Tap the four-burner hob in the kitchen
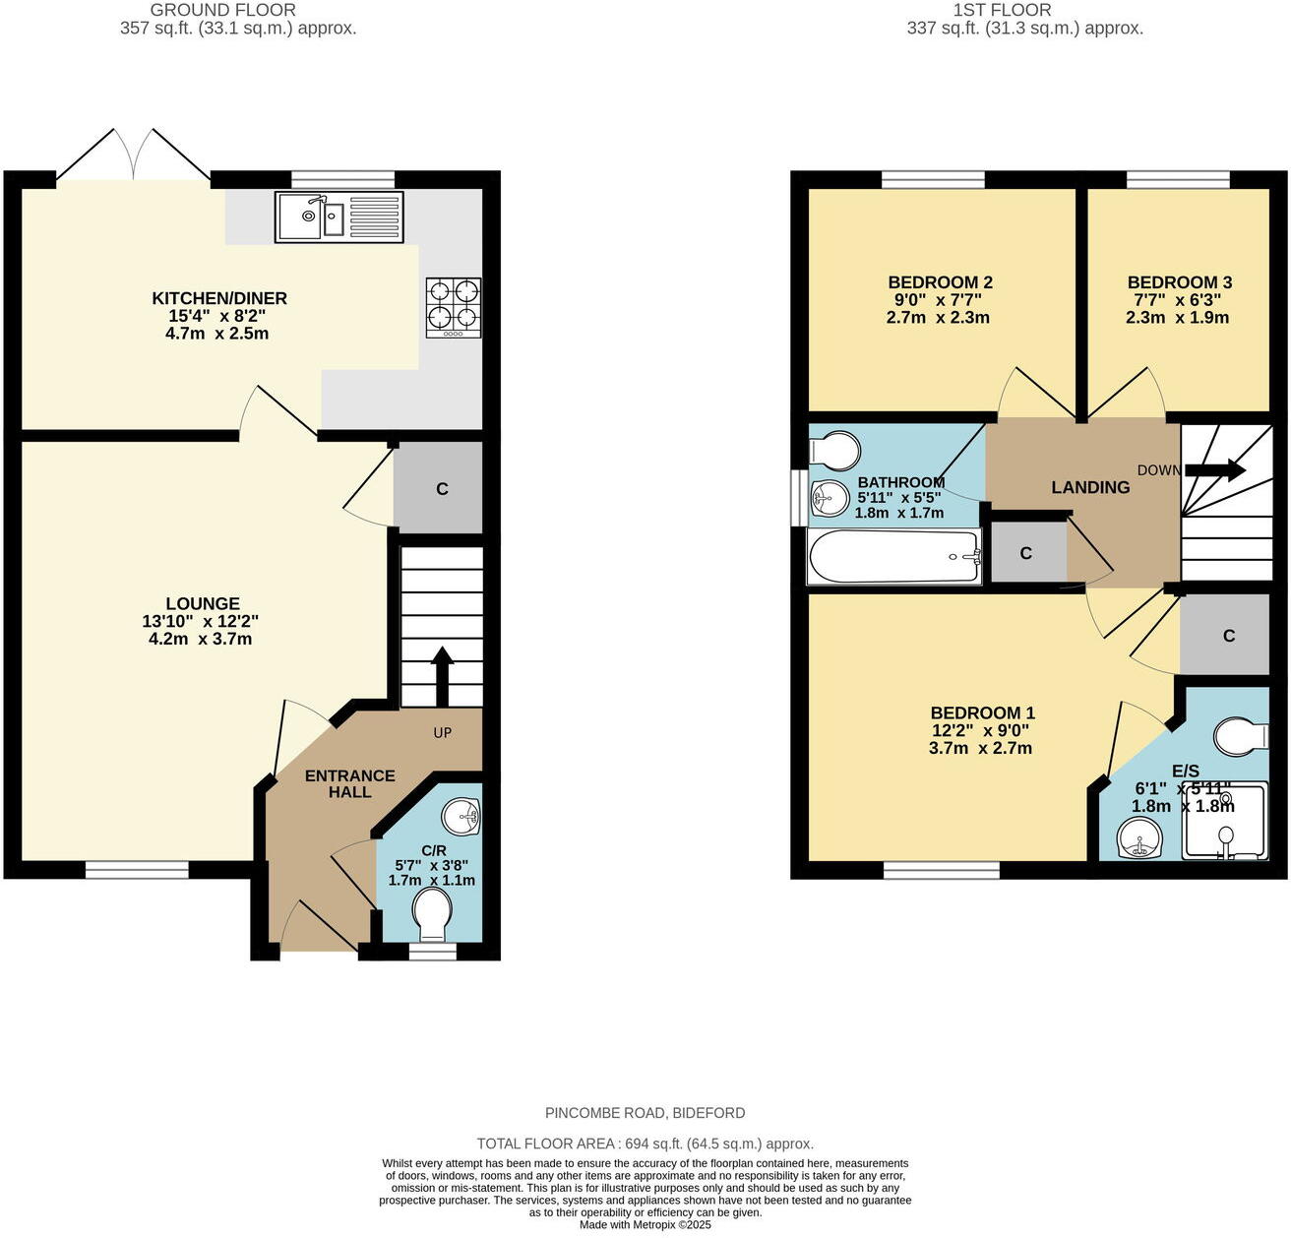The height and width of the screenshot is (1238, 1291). click(x=454, y=307)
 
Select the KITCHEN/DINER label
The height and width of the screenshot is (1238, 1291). click(x=219, y=298)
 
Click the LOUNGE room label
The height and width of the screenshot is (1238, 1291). click(x=203, y=604)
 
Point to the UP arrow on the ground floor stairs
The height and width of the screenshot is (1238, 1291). click(x=442, y=676)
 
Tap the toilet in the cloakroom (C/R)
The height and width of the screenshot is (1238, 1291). click(x=431, y=913)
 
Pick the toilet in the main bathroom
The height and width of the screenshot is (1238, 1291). click(x=834, y=451)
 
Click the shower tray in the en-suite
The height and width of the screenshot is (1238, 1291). click(x=1224, y=821)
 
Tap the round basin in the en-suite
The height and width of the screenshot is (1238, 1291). click(x=1139, y=839)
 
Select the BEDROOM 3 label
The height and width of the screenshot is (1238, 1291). click(x=1179, y=282)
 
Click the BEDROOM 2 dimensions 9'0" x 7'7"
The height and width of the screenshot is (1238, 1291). click(x=938, y=300)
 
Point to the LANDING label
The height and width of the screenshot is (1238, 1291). click(x=1089, y=487)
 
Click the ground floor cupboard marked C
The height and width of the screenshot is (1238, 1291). click(x=442, y=488)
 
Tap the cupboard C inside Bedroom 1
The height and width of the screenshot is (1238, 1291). click(x=1228, y=636)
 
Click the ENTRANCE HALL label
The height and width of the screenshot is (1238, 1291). click(x=349, y=783)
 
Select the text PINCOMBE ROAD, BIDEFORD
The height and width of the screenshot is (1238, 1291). click(x=645, y=1113)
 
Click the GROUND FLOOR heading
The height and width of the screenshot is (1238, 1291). click(x=222, y=10)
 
